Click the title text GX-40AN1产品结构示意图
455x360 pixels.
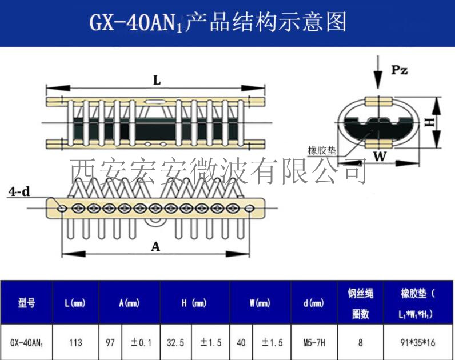pos(218,23)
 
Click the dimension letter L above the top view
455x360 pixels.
pos(157,81)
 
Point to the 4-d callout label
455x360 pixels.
pos(19,192)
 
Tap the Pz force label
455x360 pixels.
pos(400,70)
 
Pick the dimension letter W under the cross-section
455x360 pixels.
pos(378,155)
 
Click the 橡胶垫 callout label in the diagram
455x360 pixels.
pos(322,150)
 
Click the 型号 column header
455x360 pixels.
pos(26,303)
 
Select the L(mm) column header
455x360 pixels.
pos(75,303)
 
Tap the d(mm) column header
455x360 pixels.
pos(313,303)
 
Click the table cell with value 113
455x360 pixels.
pos(75,342)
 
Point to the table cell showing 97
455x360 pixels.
pos(110,342)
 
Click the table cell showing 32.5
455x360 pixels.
pos(175,342)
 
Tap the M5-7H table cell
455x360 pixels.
pos(313,342)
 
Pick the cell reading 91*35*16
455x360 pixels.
pos(418,342)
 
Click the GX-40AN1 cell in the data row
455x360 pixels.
pos(26,343)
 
